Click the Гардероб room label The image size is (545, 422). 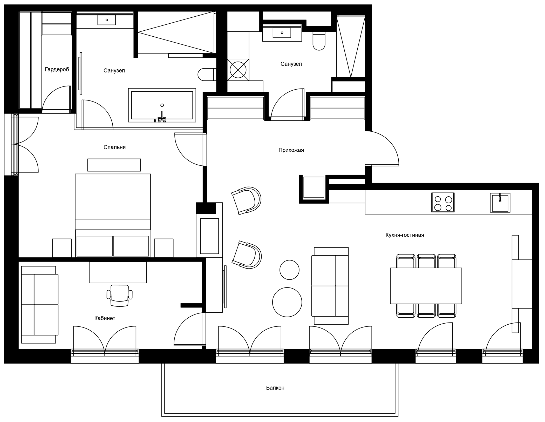coord(57,70)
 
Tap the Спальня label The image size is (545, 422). coord(114,148)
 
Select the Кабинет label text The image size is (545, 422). coord(105,318)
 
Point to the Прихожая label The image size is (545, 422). coord(291,150)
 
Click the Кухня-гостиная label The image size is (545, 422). coord(405,235)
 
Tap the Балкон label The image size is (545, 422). coord(275,388)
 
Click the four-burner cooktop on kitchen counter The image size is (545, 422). coord(443,203)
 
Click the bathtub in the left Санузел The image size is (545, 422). coord(162,105)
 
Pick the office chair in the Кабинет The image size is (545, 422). coord(119,296)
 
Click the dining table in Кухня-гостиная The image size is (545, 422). coord(426,286)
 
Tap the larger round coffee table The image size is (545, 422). coord(287,302)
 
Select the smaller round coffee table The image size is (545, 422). coord(289,270)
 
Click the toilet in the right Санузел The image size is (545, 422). coord(319,42)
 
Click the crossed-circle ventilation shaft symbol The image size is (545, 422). coord(238,70)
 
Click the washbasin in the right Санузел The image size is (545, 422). coord(282,33)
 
